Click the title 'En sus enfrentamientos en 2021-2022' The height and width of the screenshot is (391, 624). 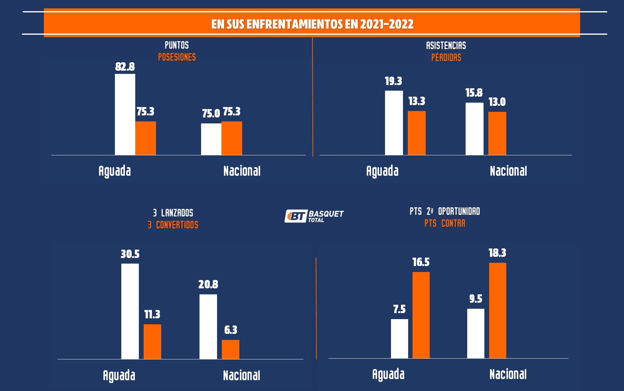312,24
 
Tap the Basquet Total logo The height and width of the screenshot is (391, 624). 314,216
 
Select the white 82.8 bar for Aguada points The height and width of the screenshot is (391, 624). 125,115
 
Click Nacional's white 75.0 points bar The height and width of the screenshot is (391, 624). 211,139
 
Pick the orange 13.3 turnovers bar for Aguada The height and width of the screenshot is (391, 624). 417,133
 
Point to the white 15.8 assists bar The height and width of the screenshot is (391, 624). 474,129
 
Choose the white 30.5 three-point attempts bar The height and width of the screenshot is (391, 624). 130,311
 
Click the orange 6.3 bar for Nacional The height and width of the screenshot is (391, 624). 231,349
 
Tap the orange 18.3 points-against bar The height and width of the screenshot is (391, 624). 498,310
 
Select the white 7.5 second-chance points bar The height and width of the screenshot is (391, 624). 399,339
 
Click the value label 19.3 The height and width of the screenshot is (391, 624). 393,81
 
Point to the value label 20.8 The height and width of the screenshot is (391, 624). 208,284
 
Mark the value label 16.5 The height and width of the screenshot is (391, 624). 421,262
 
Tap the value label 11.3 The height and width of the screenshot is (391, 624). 152,314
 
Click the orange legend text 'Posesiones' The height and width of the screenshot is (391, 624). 177,57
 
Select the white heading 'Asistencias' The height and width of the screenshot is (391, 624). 446,46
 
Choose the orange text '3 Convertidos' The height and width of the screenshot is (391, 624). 173,225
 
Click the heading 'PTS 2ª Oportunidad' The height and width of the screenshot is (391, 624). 445,211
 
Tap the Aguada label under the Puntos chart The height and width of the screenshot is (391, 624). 115,171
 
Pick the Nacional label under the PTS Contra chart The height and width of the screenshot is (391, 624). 508,374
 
